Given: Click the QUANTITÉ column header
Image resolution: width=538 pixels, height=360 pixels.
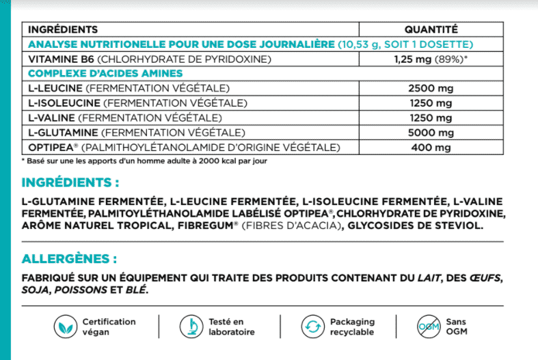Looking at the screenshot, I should pos(431,29).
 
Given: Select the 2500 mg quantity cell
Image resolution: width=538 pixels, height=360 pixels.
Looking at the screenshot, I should pos(431,89).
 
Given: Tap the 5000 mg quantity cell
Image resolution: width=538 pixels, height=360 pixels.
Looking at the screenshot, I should pos(431,133).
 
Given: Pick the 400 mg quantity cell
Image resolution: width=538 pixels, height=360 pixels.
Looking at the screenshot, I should pos(431,148).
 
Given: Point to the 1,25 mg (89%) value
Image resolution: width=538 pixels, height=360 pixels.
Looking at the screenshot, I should pos(431,59).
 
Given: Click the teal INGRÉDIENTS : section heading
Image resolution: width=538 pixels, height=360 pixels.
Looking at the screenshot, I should pos(70,183).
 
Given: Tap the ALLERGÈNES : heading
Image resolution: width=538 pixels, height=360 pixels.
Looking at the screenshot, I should pos(69,260).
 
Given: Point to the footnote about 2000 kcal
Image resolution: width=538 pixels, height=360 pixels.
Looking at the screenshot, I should pos(144,161).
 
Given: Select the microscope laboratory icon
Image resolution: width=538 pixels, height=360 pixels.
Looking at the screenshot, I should pos(189,327).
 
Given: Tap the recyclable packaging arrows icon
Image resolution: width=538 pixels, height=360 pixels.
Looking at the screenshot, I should pos(312,327).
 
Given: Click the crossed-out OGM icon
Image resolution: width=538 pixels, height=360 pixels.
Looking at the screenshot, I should pos(427,327).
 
